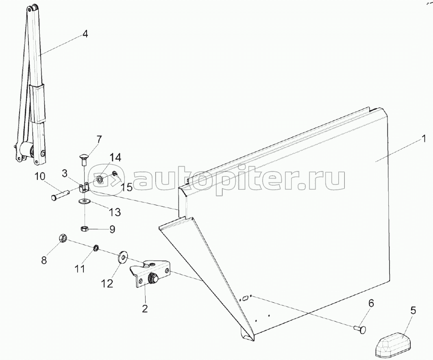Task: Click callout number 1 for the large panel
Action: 424,139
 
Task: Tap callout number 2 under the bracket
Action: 144,309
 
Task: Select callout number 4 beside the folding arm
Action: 85,34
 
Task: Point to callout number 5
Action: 413,312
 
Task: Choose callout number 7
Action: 99,141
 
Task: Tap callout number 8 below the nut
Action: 44,260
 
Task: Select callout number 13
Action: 115,211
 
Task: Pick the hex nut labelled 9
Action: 84,228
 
